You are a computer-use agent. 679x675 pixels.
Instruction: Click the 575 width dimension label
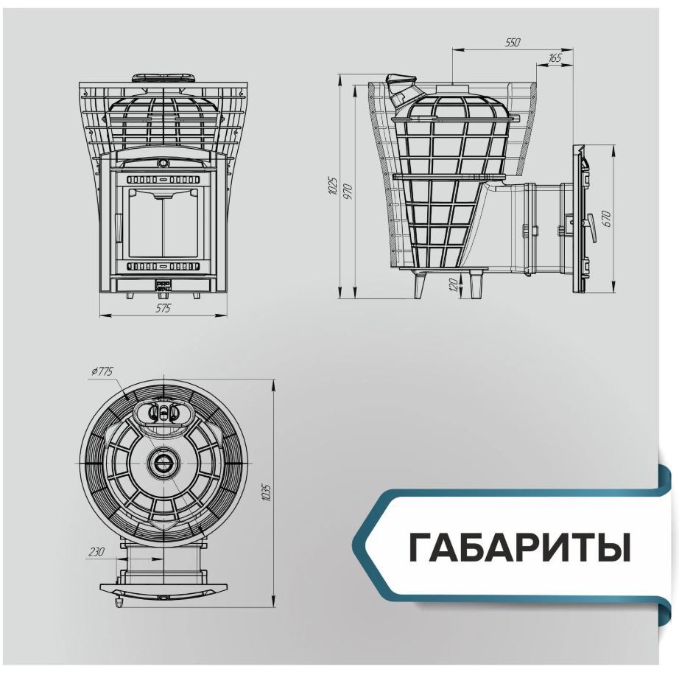pyautogui.click(x=163, y=308)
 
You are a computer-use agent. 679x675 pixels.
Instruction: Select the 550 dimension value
pyautogui.click(x=513, y=43)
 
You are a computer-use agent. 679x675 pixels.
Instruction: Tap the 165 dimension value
pyautogui.click(x=555, y=58)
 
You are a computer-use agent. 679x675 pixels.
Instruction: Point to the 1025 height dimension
pyautogui.click(x=333, y=186)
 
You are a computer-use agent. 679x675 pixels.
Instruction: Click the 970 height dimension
pyautogui.click(x=348, y=192)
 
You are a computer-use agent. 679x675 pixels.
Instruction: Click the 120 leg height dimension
pyautogui.click(x=454, y=284)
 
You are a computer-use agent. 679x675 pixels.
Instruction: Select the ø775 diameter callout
pyautogui.click(x=102, y=371)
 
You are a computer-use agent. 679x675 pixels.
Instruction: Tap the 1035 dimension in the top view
pyautogui.click(x=267, y=492)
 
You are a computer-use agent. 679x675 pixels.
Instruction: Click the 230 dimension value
pyautogui.click(x=96, y=551)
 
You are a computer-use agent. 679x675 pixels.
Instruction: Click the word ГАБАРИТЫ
pyautogui.click(x=520, y=548)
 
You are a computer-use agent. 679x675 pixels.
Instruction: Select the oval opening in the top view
pyautogui.click(x=163, y=412)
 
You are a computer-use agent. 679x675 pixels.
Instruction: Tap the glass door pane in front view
pyautogui.click(x=162, y=224)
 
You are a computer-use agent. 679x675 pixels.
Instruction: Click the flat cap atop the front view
pyautogui.click(x=163, y=78)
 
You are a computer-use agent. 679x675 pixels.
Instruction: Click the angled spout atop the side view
pyautogui.click(x=399, y=89)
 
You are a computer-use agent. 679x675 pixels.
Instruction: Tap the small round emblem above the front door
pyautogui.click(x=163, y=162)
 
